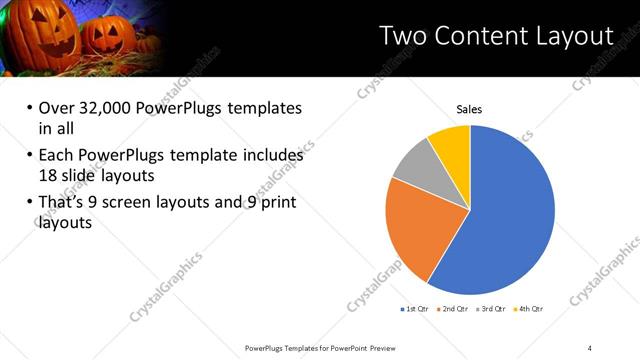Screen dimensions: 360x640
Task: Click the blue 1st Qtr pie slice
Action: [x=510, y=210]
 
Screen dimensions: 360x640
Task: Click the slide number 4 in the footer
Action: [x=590, y=347]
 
